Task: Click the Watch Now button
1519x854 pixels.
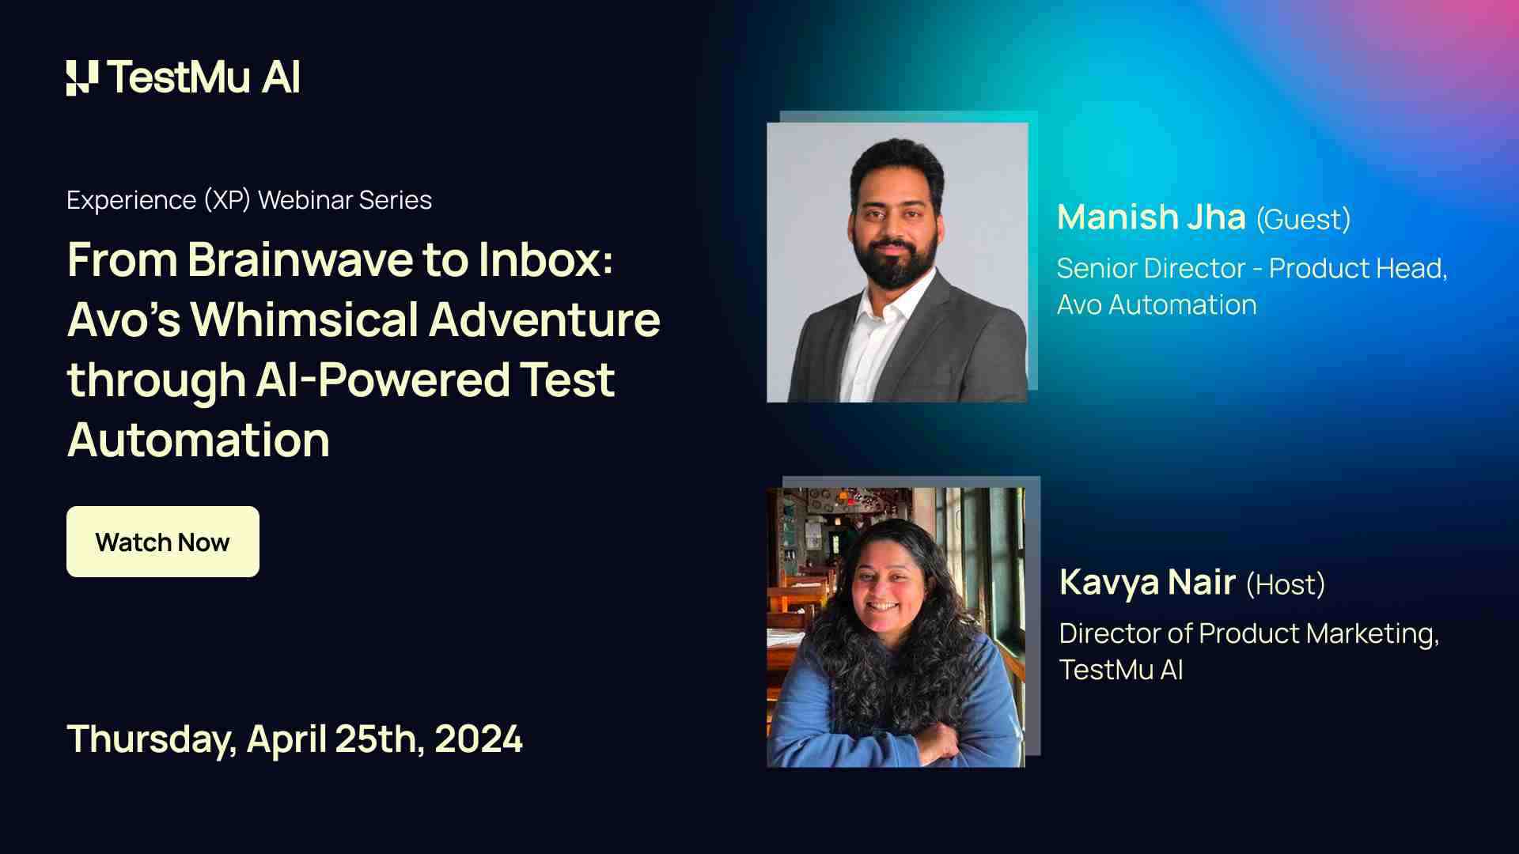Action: coord(163,542)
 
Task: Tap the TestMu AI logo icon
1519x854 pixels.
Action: coord(82,77)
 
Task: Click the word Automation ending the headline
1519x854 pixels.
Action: coord(199,440)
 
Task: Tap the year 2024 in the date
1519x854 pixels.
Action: coord(478,739)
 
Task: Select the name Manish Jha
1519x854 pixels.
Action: coord(1151,217)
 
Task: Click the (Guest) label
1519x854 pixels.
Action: coord(1303,219)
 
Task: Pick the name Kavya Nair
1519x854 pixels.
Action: coord(1147,583)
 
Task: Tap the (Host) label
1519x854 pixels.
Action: coord(1285,584)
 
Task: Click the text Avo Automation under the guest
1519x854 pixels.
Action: coord(1157,304)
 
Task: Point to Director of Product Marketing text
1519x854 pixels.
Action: coord(1248,634)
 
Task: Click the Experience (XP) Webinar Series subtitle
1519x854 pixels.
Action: coord(249,200)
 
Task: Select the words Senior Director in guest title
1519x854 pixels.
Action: coord(1151,268)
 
